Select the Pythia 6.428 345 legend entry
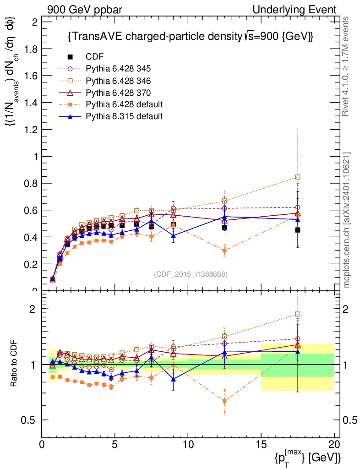pyautogui.click(x=118, y=69)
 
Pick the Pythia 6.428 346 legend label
pyautogui.click(x=118, y=81)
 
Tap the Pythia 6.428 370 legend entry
pyautogui.click(x=118, y=93)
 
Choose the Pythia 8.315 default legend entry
pyautogui.click(x=124, y=116)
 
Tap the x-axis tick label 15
pyautogui.click(x=261, y=445)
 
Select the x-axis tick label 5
pyautogui.click(x=115, y=445)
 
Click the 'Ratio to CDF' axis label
pyautogui.click(x=14, y=362)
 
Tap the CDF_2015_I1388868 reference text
pyautogui.click(x=191, y=274)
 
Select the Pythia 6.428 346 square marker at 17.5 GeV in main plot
pyautogui.click(x=298, y=177)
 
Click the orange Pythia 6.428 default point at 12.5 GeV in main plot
pyautogui.click(x=224, y=251)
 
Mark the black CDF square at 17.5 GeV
pyautogui.click(x=298, y=230)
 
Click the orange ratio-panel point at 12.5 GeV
pyautogui.click(x=224, y=401)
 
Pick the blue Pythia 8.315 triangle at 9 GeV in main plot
pyautogui.click(x=173, y=236)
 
